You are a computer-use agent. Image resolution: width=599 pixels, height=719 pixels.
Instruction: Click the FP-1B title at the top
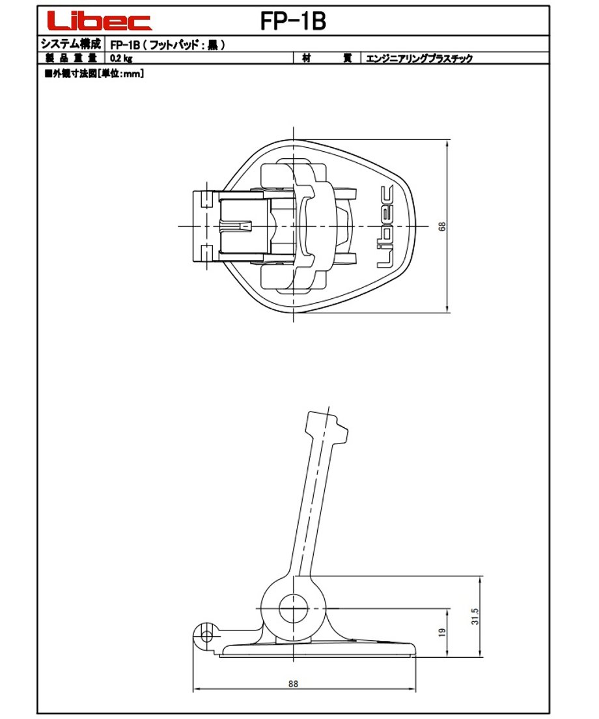pos(292,21)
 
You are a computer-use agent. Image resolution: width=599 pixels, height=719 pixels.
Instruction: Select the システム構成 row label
pos(70,44)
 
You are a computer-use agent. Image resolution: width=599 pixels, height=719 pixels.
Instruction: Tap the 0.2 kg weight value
pos(121,58)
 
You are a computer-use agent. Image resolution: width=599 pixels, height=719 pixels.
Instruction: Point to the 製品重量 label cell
pos(71,58)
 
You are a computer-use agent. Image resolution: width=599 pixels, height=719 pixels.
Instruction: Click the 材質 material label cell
pos(327,58)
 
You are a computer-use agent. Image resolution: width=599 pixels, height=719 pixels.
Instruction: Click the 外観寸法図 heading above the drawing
pos(94,74)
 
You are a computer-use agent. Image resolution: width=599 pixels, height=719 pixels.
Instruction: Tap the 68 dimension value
pos(442,226)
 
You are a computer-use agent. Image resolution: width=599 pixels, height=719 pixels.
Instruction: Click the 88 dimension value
pos(293,684)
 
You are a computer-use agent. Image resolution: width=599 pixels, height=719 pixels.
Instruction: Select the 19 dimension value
pos(442,632)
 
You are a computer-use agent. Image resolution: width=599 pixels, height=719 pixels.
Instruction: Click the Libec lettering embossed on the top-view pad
pos(385,227)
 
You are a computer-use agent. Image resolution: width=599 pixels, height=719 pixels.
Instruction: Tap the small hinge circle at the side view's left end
pos(206,636)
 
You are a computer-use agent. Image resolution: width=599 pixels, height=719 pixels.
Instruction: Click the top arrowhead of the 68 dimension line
pos(447,143)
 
